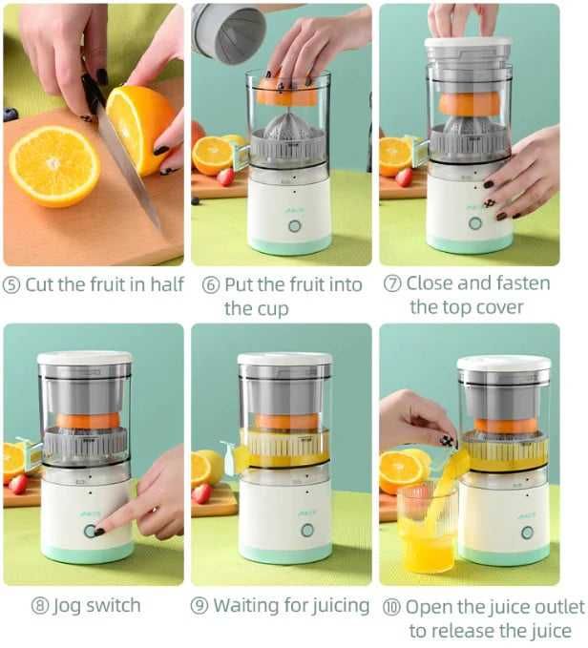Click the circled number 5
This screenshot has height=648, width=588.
click(13, 284)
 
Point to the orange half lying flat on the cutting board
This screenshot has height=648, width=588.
click(54, 165)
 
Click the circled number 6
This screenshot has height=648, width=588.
click(210, 284)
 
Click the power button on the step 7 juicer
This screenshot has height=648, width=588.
click(474, 223)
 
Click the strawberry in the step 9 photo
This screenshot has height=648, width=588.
click(201, 492)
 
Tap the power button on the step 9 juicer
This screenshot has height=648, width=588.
click(306, 530)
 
